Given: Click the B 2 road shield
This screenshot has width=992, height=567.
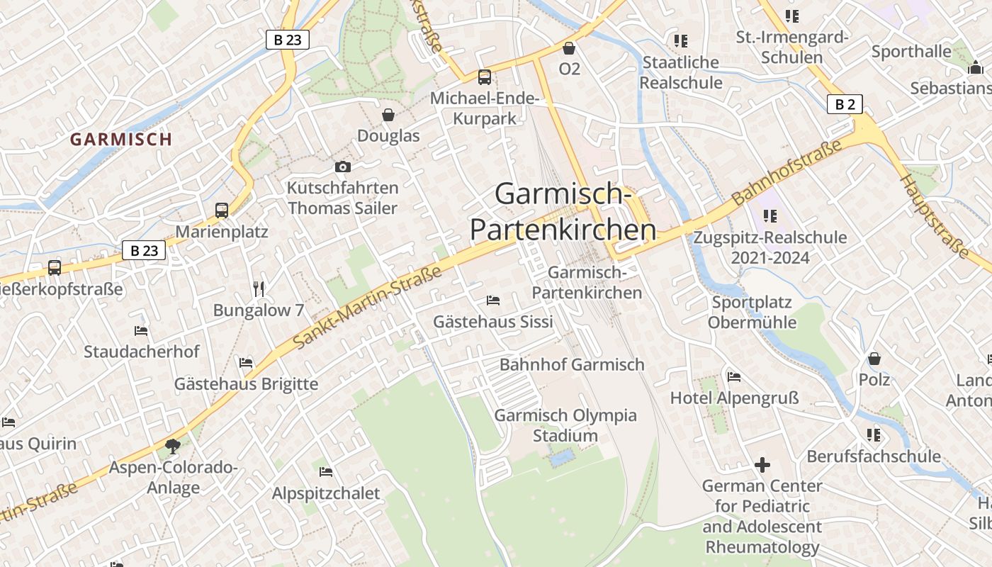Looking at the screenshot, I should point(845,105).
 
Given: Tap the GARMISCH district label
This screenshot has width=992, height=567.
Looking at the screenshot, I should point(121,139).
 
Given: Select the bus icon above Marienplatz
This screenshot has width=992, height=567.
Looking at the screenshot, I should point(222,210).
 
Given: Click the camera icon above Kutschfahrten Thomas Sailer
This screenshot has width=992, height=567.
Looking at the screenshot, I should point(343,167).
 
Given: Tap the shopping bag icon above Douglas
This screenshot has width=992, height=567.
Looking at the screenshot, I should point(388,114).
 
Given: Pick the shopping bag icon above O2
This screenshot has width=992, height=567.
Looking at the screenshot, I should point(568,48).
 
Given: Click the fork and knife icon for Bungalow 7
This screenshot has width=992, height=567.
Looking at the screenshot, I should point(259,288).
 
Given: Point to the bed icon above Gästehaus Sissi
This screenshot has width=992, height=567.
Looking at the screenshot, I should point(493,301).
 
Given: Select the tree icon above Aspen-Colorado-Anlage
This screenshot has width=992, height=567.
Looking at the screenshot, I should point(172,446).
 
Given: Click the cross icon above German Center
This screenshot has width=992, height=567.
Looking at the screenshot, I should point(762,465).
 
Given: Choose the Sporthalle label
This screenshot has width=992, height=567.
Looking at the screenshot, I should point(911,52).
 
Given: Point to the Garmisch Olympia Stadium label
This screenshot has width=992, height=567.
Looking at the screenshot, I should point(565,425).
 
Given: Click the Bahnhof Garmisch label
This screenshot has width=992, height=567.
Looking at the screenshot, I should point(572,364).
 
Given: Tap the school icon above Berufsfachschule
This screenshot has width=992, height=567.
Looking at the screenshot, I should point(874,434).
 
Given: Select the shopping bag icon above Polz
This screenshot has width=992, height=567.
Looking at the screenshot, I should point(874,359).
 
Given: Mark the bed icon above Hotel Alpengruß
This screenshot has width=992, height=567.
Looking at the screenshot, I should point(734,376).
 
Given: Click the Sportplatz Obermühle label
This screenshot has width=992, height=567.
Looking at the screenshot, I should point(752,313).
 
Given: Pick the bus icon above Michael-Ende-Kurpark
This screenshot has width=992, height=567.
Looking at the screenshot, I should point(485,77).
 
